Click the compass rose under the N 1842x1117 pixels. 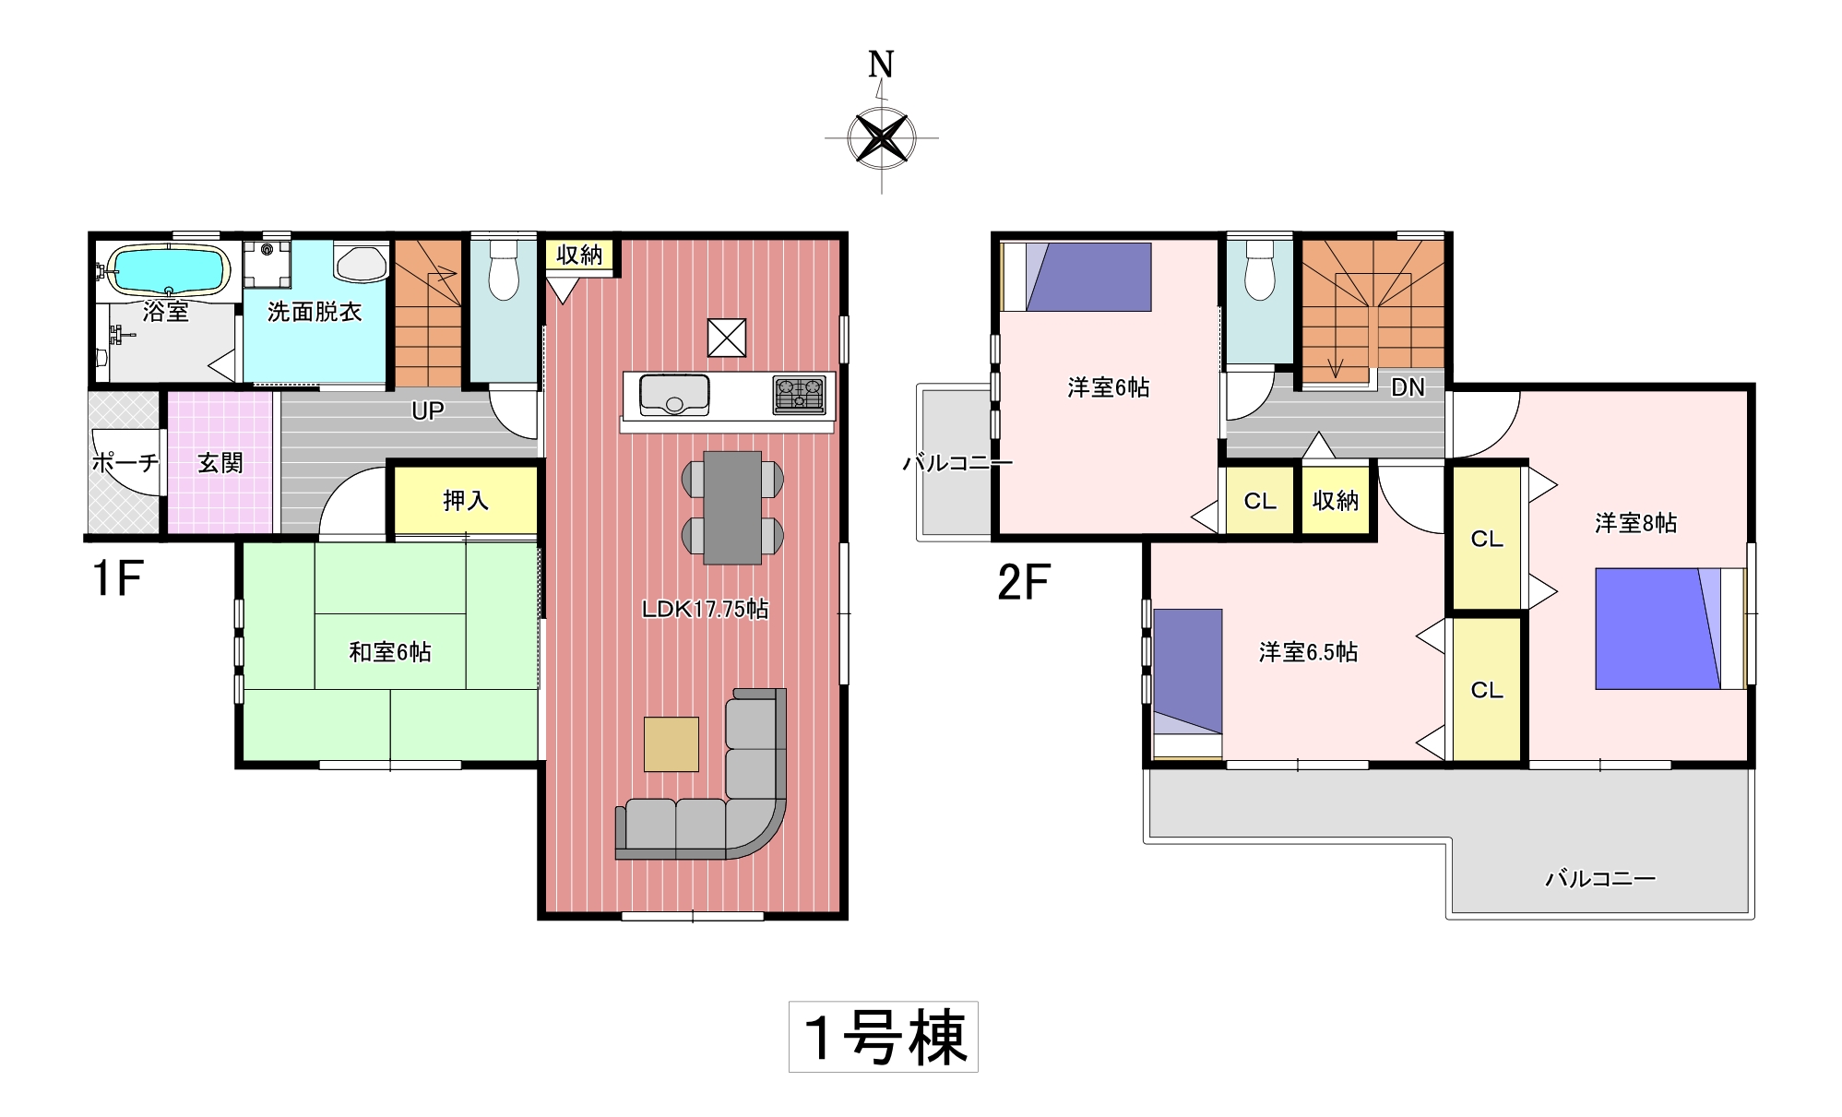point(882,138)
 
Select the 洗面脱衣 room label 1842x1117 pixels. point(315,312)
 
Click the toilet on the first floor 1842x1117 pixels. point(504,269)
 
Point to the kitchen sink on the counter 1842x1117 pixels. point(674,395)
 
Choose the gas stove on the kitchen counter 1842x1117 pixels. point(800,395)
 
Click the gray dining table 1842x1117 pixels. point(732,507)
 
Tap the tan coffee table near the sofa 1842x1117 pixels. point(671,743)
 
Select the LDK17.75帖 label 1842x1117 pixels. point(706,609)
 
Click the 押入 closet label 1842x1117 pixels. point(466,501)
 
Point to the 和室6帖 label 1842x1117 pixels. point(390,652)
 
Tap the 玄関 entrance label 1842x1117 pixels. point(220,463)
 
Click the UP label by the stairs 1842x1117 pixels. point(428,410)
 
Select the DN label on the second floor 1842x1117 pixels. point(1408,387)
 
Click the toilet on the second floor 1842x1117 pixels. point(1259,269)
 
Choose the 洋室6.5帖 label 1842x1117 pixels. point(1308,652)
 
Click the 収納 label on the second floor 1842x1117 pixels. point(1336,501)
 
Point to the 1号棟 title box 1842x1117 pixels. point(884,1037)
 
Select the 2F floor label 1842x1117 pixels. point(1024,582)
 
